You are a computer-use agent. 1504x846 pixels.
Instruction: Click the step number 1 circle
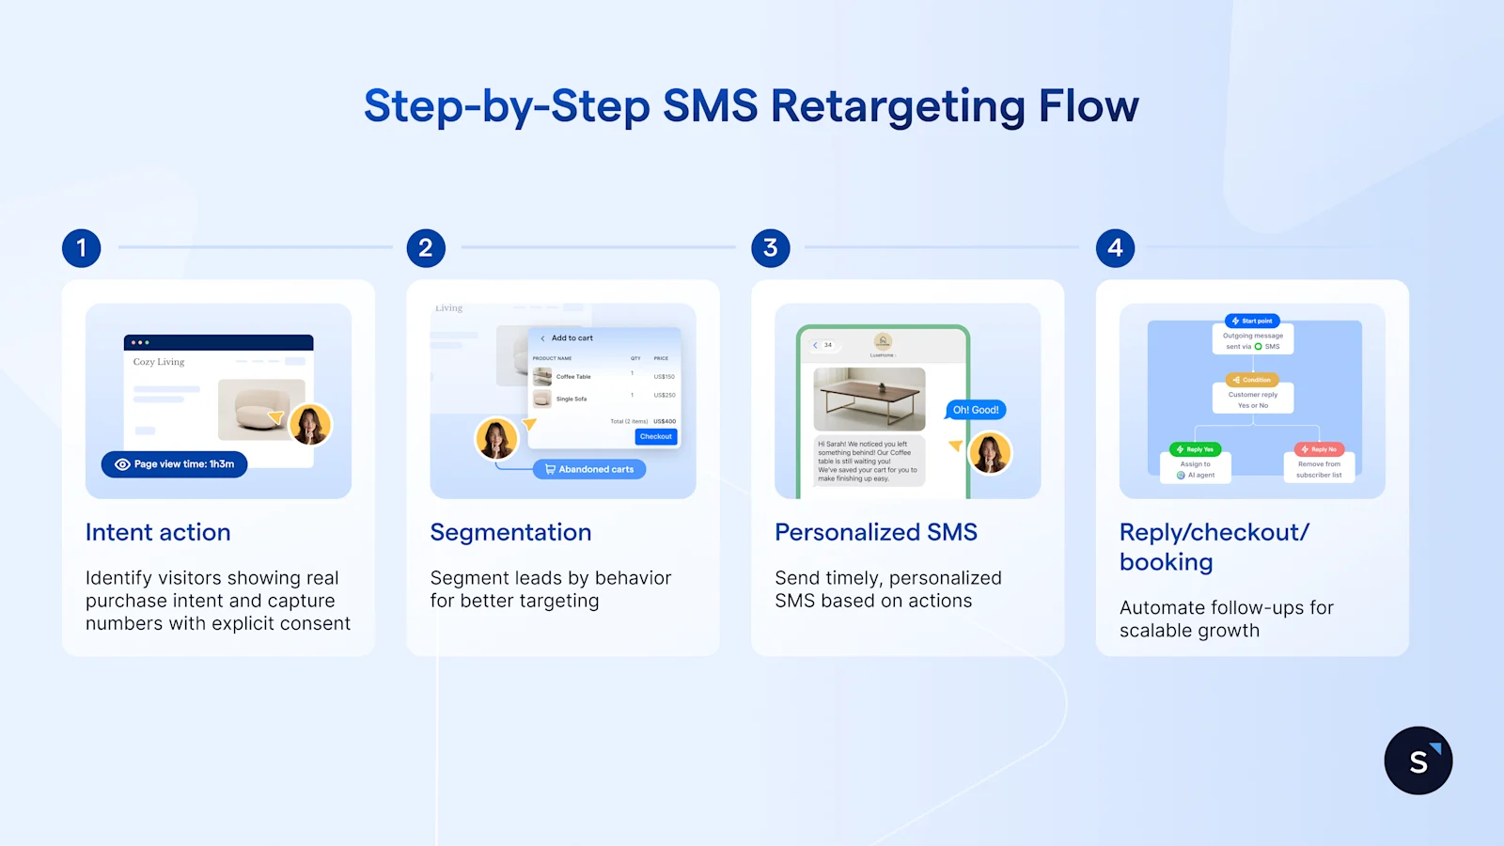click(82, 248)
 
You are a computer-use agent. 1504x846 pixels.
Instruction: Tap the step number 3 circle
click(771, 248)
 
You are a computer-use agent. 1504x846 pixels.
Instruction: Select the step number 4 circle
click(1115, 248)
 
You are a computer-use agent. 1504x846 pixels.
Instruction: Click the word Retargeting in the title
click(897, 106)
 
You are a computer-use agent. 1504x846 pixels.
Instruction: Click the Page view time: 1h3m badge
click(175, 464)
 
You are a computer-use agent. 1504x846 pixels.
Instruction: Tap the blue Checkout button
click(656, 436)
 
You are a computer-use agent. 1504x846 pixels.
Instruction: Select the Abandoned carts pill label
click(589, 469)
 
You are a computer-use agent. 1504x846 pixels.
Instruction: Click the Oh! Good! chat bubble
click(976, 410)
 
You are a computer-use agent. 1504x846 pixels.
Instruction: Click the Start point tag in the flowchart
click(1252, 321)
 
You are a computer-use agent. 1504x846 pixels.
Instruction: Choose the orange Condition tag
click(1252, 380)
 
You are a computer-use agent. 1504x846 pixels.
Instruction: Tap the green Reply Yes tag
click(1195, 449)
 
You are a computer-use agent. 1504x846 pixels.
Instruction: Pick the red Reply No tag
click(1319, 449)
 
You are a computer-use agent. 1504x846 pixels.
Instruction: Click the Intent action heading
click(158, 532)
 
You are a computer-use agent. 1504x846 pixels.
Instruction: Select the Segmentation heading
click(510, 532)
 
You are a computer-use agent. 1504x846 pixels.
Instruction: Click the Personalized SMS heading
click(876, 532)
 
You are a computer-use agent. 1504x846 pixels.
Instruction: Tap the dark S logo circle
click(1418, 760)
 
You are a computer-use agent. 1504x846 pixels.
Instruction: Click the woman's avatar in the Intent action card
click(310, 425)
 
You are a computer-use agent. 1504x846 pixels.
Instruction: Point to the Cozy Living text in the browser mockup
click(159, 362)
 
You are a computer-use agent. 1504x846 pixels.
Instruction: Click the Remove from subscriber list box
click(1319, 469)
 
